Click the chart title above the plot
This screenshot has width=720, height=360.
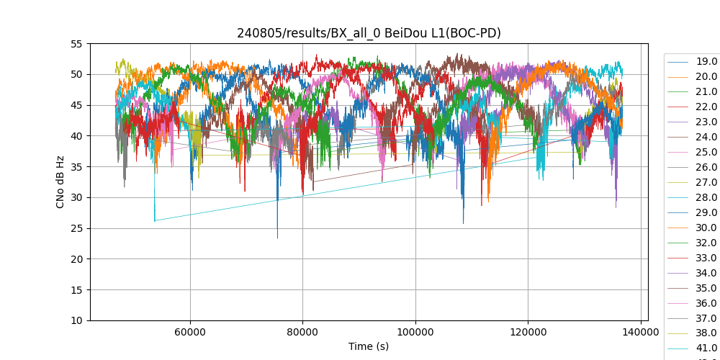(369, 33)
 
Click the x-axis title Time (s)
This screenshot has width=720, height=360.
(369, 346)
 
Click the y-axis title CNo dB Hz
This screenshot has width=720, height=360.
(60, 182)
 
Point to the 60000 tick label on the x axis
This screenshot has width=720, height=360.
(190, 333)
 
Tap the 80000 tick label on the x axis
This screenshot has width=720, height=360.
(303, 333)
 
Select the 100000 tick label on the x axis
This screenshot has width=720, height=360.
(415, 333)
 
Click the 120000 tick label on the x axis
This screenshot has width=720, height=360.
(528, 333)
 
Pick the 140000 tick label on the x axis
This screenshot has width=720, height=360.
(641, 333)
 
